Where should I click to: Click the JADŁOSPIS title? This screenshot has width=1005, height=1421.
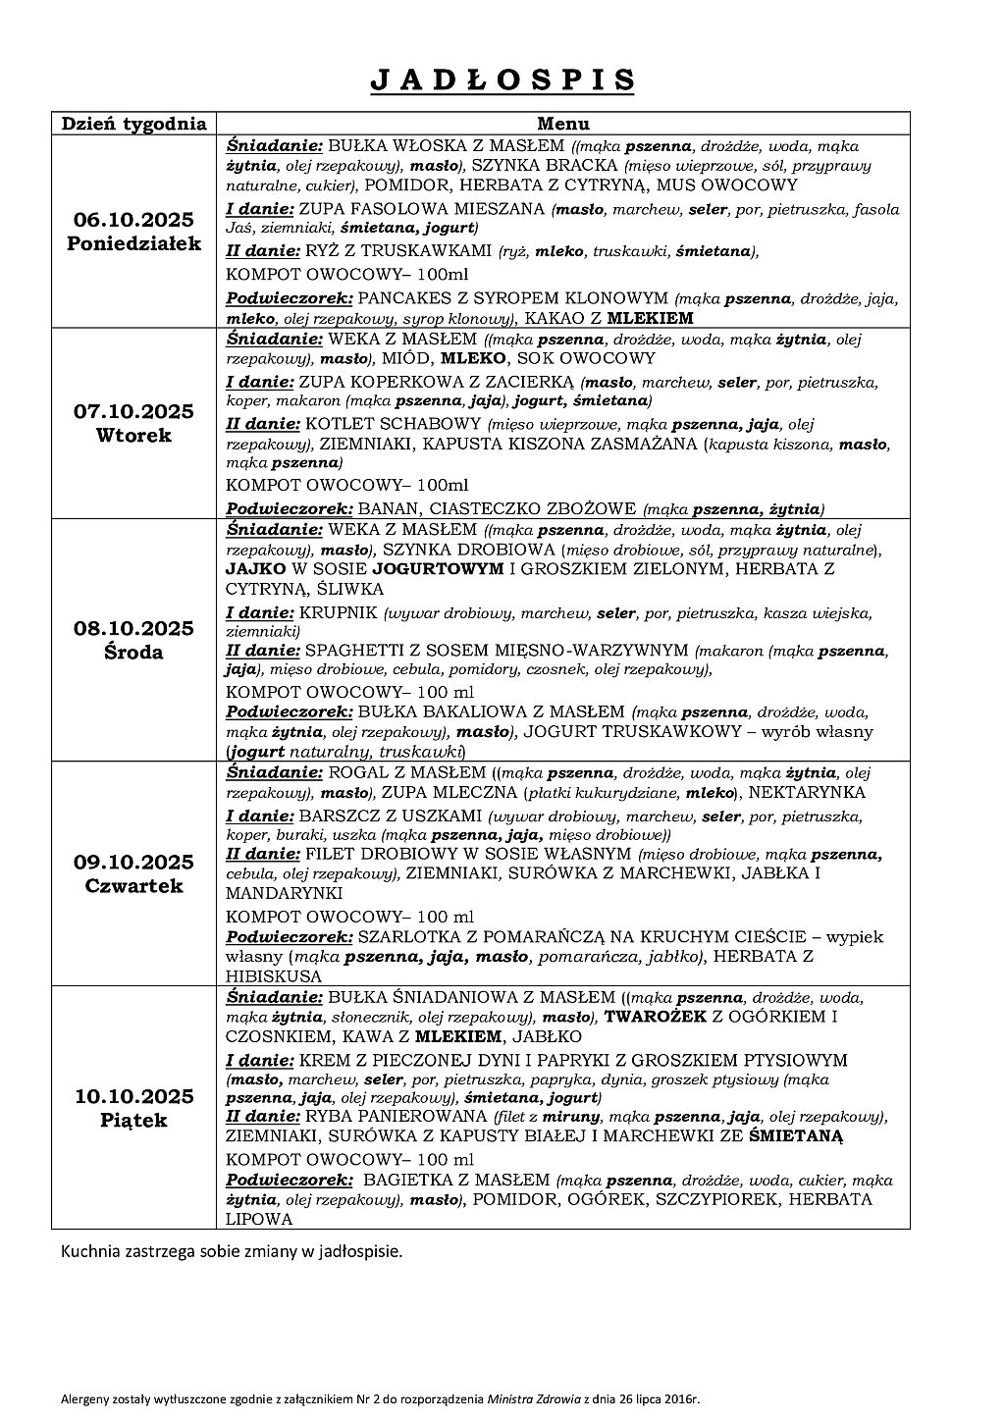502,80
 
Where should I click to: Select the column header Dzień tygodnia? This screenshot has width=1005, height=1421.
134,124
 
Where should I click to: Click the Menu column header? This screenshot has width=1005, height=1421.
562,124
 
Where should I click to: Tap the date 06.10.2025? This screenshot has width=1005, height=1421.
134,219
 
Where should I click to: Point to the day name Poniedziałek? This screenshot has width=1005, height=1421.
134,243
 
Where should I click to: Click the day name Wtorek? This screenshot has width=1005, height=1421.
134,435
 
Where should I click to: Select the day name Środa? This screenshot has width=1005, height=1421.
134,653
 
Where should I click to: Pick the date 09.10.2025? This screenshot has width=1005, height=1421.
134,863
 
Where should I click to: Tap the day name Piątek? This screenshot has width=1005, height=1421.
134,1121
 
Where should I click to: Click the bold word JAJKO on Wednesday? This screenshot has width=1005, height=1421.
255,569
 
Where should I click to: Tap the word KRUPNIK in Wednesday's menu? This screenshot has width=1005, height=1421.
339,613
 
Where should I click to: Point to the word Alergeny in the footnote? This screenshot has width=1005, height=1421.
80,1399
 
